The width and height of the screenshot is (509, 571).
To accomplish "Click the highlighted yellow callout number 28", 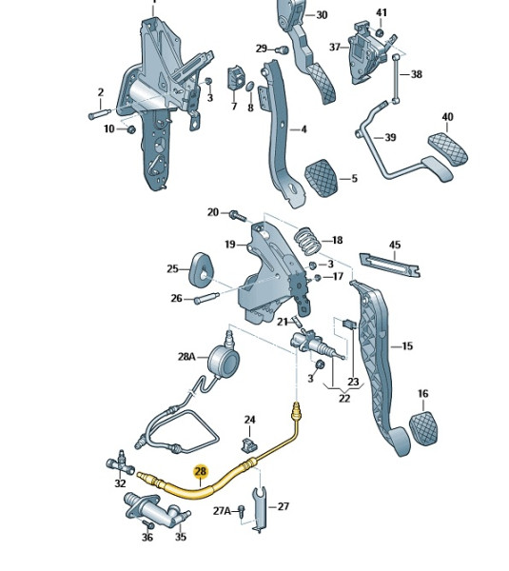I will coord(200,471).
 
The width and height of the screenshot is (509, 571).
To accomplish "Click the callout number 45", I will coord(395,246).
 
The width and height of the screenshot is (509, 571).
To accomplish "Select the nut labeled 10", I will coord(129,128).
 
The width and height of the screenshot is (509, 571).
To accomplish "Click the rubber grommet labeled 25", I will coord(202,269).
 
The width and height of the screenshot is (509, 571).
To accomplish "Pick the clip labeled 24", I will coord(250,443).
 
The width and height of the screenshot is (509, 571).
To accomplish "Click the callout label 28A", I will coord(186,357).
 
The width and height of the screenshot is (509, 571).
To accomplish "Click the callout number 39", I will coord(389,138).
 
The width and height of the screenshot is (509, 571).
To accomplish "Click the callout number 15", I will coord(406,346).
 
